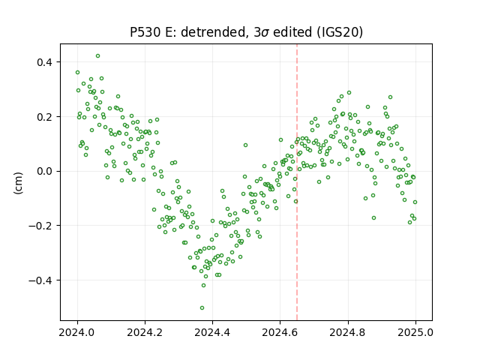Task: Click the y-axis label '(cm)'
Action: point(18,183)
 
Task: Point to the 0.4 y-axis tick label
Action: point(45,62)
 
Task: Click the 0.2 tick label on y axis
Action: point(45,117)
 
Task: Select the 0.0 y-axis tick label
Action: point(45,171)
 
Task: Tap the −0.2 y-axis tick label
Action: point(40,226)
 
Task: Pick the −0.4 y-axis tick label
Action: point(40,280)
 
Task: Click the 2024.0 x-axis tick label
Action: point(77,332)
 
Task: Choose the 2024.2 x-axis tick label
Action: point(145,332)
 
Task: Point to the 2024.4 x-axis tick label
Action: point(212,332)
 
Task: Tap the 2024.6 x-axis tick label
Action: point(280,332)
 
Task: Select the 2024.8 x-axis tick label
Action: point(348,332)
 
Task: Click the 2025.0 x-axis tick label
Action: point(415,332)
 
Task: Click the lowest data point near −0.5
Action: point(202,307)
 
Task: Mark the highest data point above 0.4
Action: point(97,55)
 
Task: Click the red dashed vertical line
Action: point(297,182)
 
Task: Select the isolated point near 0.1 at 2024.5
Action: point(245,145)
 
